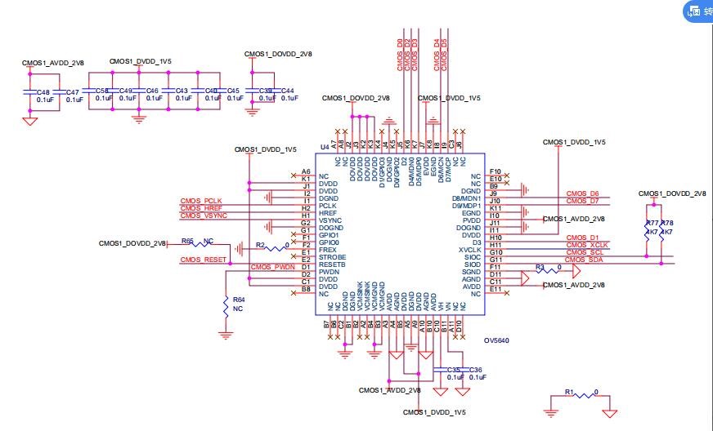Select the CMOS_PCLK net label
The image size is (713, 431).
pos(201,201)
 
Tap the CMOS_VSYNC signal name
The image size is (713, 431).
pos(204,215)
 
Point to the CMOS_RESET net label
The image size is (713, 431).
pos(204,260)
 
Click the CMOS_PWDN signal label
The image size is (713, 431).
pos(272,267)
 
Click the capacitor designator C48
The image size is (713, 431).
pos(43,92)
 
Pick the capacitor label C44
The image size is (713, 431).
pos(287,91)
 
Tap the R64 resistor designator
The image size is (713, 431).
pos(238,300)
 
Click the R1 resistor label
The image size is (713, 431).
pos(570,391)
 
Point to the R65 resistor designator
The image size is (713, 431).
pos(187,241)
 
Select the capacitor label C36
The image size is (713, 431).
pos(476,370)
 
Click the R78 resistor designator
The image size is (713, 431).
pos(667,223)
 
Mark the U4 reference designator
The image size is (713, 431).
pos(325,147)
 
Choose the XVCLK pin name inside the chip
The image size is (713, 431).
pos(469,250)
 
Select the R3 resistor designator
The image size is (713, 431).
pos(540,266)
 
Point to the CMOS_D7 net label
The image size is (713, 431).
pos(582,200)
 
